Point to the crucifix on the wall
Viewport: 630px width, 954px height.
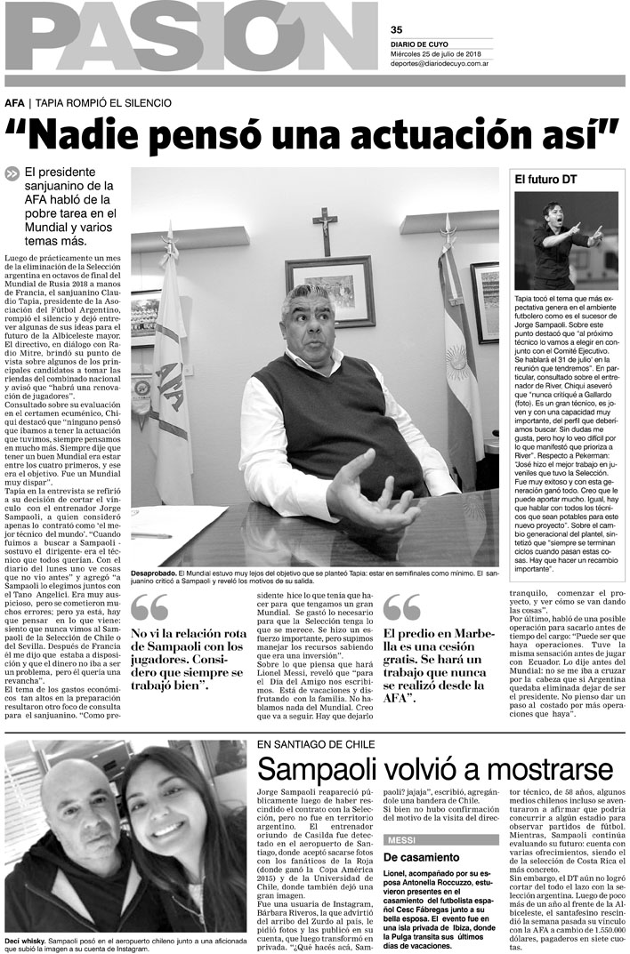pyautogui.click(x=326, y=229)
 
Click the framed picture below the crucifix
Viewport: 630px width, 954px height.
pyautogui.click(x=330, y=290)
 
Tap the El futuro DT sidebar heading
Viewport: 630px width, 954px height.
pyautogui.click(x=545, y=179)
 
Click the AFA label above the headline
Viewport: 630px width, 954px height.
pyautogui.click(x=13, y=103)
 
